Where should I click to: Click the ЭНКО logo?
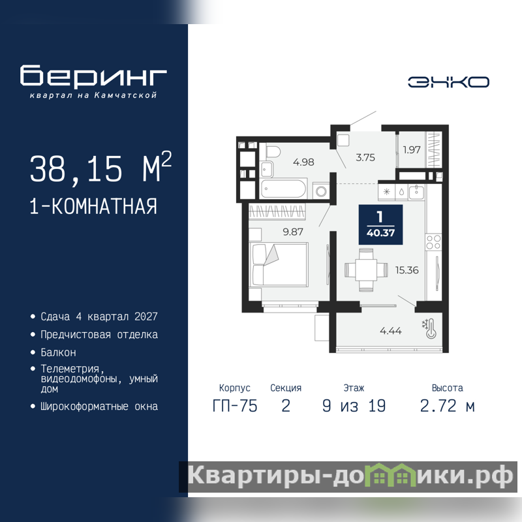(448, 82)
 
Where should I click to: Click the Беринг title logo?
(93, 76)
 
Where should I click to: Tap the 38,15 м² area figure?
(100, 168)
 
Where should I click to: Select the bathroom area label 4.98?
(303, 162)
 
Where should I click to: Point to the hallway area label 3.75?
(365, 157)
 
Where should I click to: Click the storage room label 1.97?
(412, 150)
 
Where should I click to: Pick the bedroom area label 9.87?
(293, 232)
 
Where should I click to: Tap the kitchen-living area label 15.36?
(407, 270)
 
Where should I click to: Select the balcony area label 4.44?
(390, 331)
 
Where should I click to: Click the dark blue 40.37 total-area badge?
(380, 224)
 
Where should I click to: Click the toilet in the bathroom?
(273, 152)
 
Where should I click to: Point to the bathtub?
(283, 189)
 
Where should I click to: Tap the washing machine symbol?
(321, 191)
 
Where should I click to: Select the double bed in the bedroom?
(279, 264)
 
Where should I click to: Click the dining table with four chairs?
(366, 269)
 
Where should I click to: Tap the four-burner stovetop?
(433, 242)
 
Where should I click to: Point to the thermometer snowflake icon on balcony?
(429, 329)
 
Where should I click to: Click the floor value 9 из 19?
(354, 406)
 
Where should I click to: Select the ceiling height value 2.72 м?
(447, 406)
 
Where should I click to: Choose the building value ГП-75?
(235, 406)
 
